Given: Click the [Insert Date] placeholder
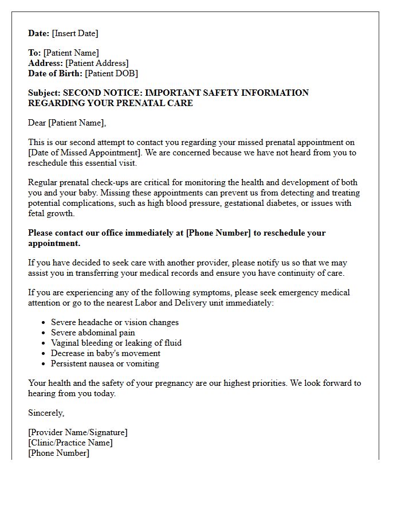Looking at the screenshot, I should [x=75, y=33].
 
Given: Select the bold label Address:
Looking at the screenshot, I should [x=45, y=63].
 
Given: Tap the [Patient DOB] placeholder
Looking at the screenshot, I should [x=111, y=73].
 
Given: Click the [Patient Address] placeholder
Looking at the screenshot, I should [x=97, y=63].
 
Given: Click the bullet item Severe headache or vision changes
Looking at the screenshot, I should [x=115, y=322].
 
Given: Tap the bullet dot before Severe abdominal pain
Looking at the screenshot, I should [x=44, y=333].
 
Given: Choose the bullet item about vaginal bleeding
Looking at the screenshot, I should [x=116, y=343].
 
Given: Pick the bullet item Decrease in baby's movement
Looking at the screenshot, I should [x=105, y=353].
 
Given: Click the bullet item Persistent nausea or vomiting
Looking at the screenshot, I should [x=105, y=363].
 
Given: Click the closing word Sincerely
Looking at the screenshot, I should [x=46, y=413].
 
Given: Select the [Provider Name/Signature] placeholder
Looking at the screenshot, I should [x=77, y=432].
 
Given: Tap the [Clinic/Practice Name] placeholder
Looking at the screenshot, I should [x=70, y=443].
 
